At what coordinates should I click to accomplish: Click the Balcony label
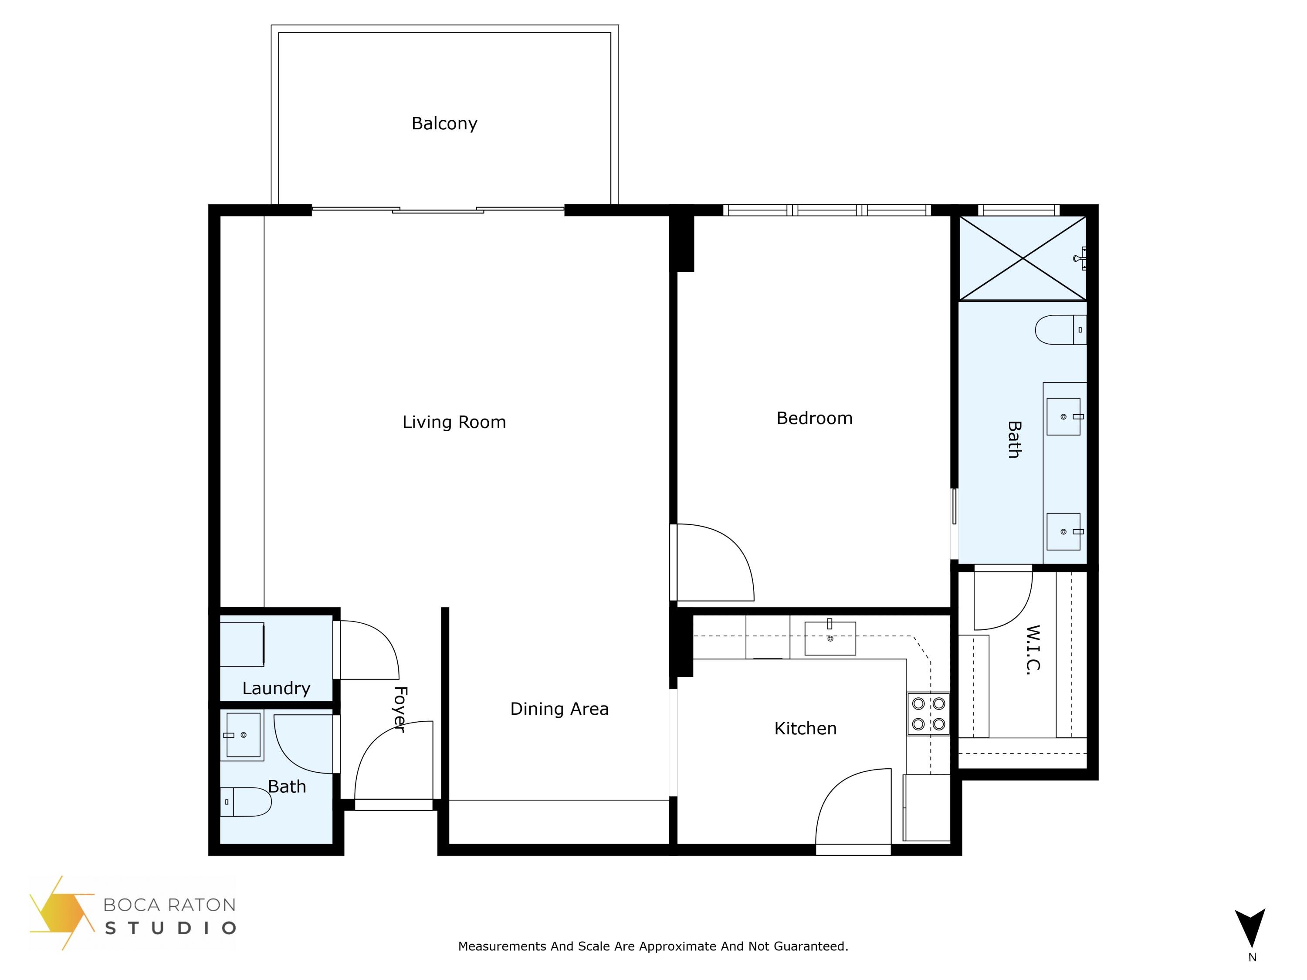coord(444,123)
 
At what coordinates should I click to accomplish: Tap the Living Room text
coord(454,422)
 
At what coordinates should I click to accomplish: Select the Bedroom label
coord(814,418)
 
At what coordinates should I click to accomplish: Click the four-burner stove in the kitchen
coord(928,713)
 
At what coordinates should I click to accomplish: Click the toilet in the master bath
coord(1060,330)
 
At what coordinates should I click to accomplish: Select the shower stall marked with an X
coord(1022,258)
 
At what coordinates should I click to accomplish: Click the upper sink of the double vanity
coord(1063,416)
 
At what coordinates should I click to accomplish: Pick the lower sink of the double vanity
coord(1063,532)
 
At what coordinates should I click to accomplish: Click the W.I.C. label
coord(1032,650)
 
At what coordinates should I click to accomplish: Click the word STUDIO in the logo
coord(170,928)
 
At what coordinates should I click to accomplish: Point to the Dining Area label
coord(559,709)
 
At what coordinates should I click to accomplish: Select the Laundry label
coord(276,688)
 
